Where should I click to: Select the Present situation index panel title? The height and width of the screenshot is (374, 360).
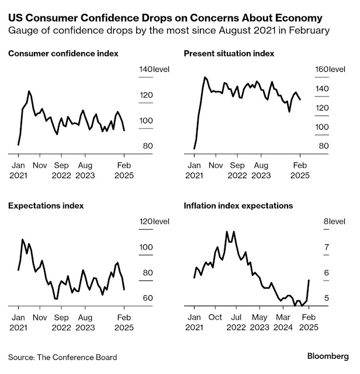click(x=229, y=54)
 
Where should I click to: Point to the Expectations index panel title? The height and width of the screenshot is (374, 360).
click(x=46, y=206)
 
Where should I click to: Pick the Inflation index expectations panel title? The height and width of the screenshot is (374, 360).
click(x=238, y=206)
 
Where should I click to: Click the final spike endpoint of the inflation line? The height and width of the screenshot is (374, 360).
click(x=308, y=280)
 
